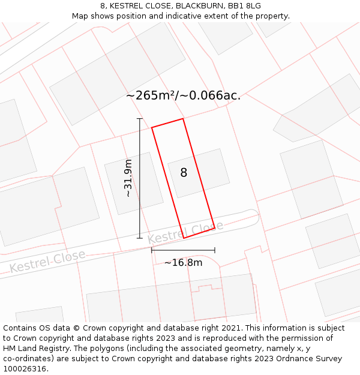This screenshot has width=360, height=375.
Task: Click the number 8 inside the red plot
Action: click(x=184, y=173)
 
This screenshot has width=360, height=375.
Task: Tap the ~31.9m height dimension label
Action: click(x=128, y=178)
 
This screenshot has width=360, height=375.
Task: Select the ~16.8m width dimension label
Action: click(x=183, y=262)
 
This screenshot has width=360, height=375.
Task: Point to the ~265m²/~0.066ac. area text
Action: click(x=183, y=95)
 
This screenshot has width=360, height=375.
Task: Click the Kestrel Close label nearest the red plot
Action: click(x=185, y=232)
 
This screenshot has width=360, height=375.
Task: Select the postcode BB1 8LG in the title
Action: click(x=245, y=6)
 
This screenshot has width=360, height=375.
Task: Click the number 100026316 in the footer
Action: click(x=24, y=368)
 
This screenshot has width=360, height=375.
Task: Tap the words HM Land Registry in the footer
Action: click(x=33, y=348)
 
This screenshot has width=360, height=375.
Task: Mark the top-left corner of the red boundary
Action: click(x=151, y=127)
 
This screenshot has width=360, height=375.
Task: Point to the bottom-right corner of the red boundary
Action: click(x=215, y=229)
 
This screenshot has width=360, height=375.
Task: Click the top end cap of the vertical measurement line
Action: click(x=140, y=119)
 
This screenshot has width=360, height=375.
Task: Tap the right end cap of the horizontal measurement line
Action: click(x=215, y=250)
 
